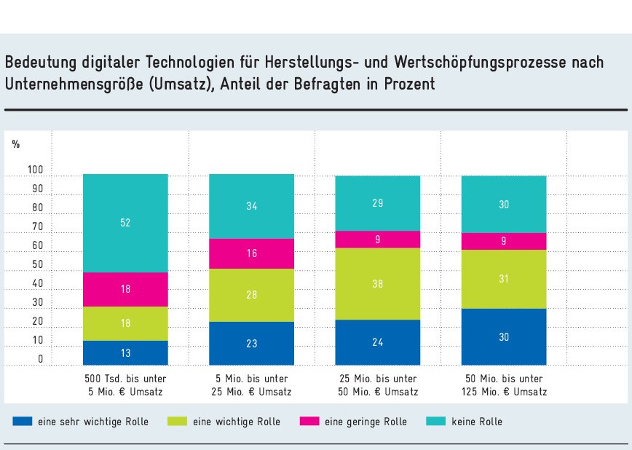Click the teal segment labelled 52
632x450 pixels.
[125, 223]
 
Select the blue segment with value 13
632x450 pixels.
[125, 352]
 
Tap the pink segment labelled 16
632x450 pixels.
[251, 253]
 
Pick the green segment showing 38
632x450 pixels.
[377, 284]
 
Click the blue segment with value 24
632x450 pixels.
[377, 342]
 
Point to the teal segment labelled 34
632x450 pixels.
[251, 206]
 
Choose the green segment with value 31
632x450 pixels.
[503, 279]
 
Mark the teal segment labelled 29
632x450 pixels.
[377, 203]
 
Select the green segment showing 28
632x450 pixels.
[251, 295]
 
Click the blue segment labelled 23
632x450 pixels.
[251, 343]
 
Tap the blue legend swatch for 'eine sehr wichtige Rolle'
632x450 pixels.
[23, 422]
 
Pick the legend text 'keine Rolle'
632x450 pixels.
[477, 422]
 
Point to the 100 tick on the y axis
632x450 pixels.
[36, 170]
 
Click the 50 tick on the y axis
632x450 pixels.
[36, 265]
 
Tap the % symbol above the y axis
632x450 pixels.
[15, 144]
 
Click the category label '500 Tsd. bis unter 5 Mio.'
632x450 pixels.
[125, 385]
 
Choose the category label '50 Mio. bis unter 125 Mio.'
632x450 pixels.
[503, 385]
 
